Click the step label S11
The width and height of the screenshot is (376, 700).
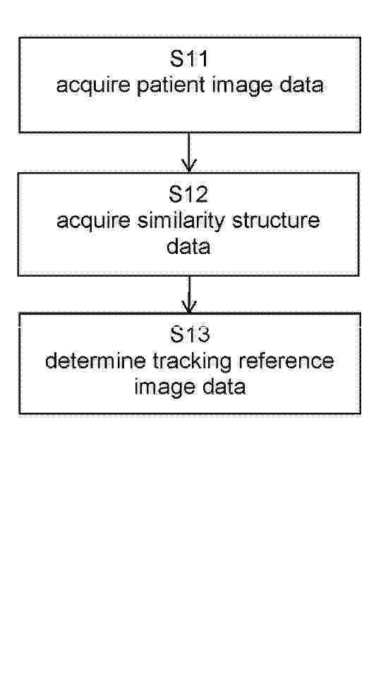point(189,59)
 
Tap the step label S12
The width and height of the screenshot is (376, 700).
point(189,194)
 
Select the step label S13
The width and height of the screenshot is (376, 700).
point(190,334)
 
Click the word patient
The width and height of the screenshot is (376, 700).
point(171,85)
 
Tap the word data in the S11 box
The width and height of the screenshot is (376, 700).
point(301,85)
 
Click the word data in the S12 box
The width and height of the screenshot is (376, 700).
point(188,246)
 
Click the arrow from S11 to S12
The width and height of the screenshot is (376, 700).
point(189,152)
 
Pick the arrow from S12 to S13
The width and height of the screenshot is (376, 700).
point(189,295)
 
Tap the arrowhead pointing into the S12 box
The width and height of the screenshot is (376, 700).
point(189,166)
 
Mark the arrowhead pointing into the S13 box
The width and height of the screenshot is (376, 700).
point(189,307)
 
